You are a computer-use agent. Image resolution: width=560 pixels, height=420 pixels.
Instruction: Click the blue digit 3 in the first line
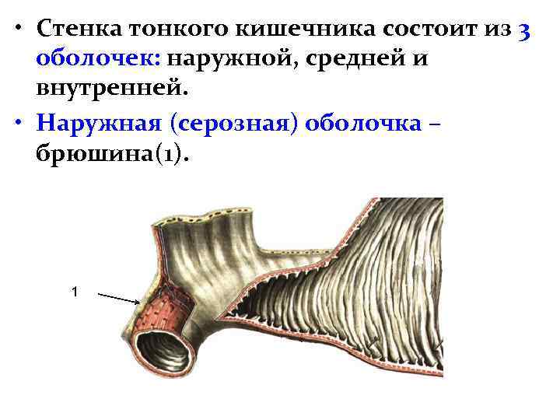[x=524, y=30]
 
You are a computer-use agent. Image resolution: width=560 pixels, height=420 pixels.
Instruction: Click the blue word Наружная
[x=101, y=124]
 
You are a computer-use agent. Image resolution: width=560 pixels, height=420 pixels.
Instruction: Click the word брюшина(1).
[x=112, y=154]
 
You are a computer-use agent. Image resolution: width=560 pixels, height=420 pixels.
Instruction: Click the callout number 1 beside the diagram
[x=74, y=292]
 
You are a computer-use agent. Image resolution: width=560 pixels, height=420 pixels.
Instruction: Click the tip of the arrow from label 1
[x=139, y=303]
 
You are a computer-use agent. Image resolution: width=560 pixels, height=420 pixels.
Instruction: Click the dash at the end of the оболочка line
[x=442, y=124]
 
